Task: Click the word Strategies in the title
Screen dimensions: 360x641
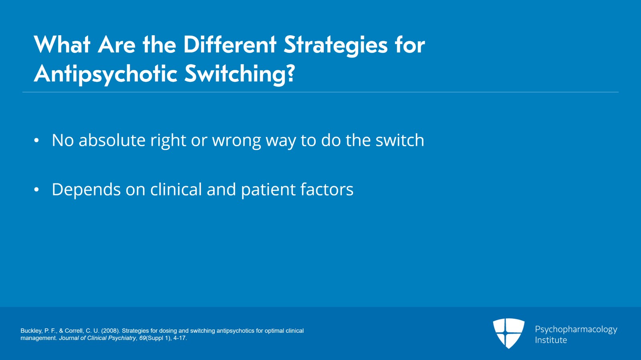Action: (x=335, y=45)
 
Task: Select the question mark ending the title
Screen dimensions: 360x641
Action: (x=291, y=73)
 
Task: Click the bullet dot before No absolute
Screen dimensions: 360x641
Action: (x=36, y=141)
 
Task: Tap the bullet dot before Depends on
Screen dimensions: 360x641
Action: (x=36, y=190)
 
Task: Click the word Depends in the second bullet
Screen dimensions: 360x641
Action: (x=86, y=190)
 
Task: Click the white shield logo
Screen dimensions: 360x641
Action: (x=508, y=333)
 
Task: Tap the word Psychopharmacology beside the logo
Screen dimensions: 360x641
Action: (x=576, y=329)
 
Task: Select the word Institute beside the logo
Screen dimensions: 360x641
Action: (x=551, y=340)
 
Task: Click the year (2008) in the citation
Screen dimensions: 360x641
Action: (x=110, y=331)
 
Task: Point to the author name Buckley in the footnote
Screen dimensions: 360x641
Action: (x=31, y=331)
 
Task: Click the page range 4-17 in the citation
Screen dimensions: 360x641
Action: (x=179, y=338)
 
